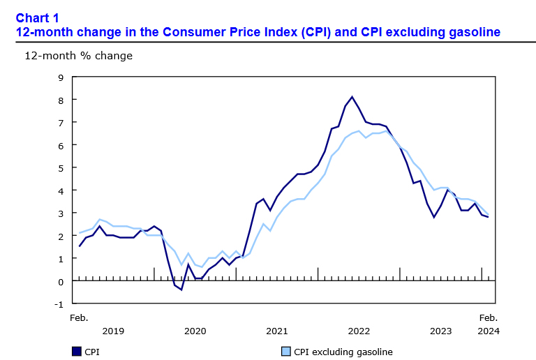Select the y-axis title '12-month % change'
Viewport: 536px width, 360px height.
pos(78,55)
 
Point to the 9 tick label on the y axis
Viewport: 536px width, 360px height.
pos(61,77)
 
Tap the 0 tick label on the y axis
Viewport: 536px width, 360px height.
pos(61,281)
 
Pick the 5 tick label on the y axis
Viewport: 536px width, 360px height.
pos(61,168)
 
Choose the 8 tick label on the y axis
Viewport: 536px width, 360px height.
pos(61,100)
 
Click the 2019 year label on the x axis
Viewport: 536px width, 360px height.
pos(112,331)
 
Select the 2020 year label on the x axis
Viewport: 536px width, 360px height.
pos(195,331)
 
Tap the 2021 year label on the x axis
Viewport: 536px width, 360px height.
pos(277,331)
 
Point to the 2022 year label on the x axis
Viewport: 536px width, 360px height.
pos(359,331)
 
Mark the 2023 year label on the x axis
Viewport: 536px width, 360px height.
pos(441,331)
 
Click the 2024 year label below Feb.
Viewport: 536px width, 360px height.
pos(488,331)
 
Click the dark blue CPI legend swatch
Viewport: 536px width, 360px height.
pos(76,352)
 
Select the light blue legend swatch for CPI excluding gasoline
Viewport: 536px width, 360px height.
pos(285,352)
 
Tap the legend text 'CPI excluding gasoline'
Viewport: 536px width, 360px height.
pos(343,352)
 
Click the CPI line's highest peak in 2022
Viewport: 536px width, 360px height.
pos(352,97)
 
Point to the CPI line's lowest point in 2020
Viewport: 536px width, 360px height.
pos(181,290)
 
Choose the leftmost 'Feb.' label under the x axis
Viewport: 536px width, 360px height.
pos(79,317)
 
